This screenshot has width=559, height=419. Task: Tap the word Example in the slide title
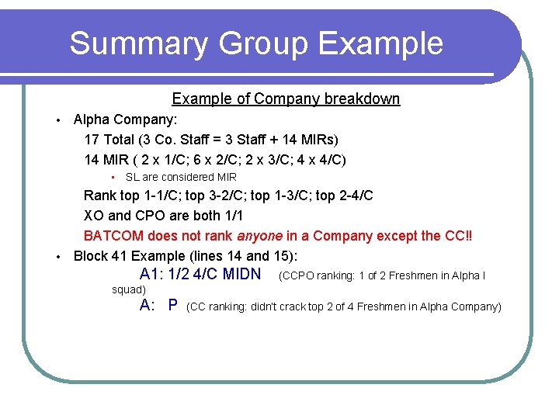[380, 43]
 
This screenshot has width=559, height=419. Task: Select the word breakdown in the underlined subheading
[362, 99]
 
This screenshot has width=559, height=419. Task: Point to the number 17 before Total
[92, 140]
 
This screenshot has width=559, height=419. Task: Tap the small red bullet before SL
[113, 178]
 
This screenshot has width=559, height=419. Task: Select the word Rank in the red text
[99, 196]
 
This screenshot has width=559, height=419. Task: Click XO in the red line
[93, 215]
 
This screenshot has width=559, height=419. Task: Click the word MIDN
[241, 275]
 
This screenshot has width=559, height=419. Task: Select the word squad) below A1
[129, 290]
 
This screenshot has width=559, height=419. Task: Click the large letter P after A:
[172, 306]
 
